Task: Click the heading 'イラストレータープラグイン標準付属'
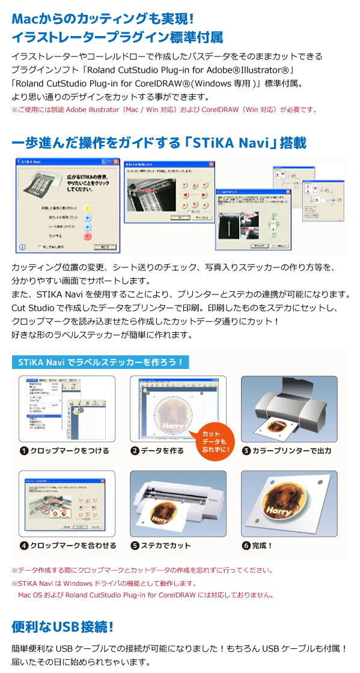click(117, 37)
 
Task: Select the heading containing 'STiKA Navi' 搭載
click(159, 143)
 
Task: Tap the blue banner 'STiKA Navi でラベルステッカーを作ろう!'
click(100, 362)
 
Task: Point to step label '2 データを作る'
click(157, 451)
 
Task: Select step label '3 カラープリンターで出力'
click(287, 451)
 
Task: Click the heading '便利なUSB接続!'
click(63, 627)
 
